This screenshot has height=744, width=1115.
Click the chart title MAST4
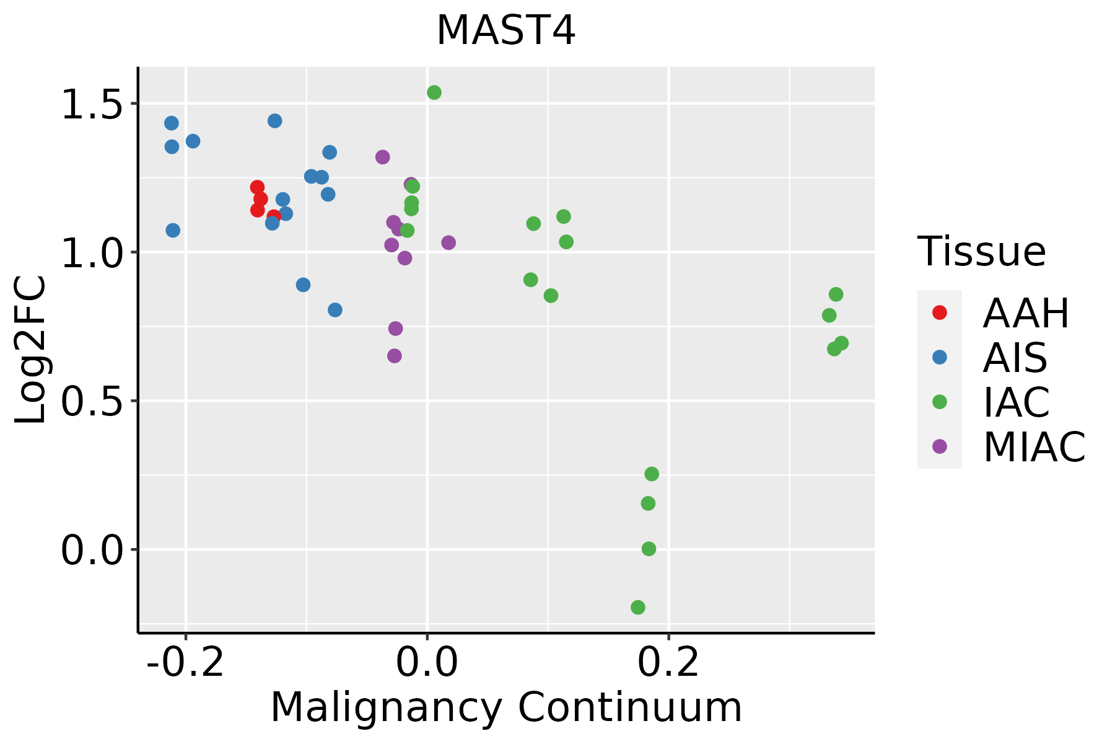pyautogui.click(x=506, y=31)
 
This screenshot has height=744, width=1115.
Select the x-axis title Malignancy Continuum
pyautogui.click(x=506, y=707)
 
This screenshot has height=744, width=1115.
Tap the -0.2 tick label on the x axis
pyautogui.click(x=185, y=663)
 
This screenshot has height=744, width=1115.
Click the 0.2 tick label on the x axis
pyautogui.click(x=668, y=663)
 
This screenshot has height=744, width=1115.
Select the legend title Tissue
pyautogui.click(x=982, y=252)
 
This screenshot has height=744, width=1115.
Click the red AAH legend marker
pyautogui.click(x=940, y=312)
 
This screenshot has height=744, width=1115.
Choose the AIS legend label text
pyautogui.click(x=1015, y=358)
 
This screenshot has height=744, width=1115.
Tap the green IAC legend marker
pyautogui.click(x=940, y=402)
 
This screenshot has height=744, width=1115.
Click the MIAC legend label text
pyautogui.click(x=1034, y=446)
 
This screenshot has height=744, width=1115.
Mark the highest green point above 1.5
pyautogui.click(x=434, y=92)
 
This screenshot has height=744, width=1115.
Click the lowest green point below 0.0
pyautogui.click(x=638, y=607)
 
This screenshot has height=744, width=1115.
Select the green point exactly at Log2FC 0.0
pyautogui.click(x=649, y=549)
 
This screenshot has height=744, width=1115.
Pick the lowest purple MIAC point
pyautogui.click(x=395, y=356)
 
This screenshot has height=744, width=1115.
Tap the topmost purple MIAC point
pyautogui.click(x=383, y=157)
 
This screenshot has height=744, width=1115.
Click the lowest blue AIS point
pyautogui.click(x=335, y=310)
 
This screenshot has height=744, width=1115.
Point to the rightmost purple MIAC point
pyautogui.click(x=448, y=242)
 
